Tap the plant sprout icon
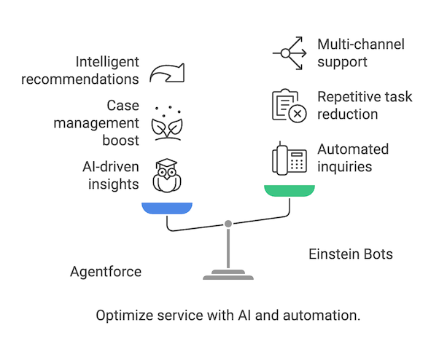[x=167, y=123]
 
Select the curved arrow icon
[x=167, y=71]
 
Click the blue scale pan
[x=167, y=208]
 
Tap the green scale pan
[x=290, y=191]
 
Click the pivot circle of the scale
[x=228, y=223]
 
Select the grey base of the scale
[x=228, y=275]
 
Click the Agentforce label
[x=106, y=272]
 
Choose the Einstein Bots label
[x=351, y=254]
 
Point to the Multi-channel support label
[x=360, y=53]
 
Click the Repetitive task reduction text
[x=364, y=106]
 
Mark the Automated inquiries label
[x=353, y=158]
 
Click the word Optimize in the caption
[x=120, y=316]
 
